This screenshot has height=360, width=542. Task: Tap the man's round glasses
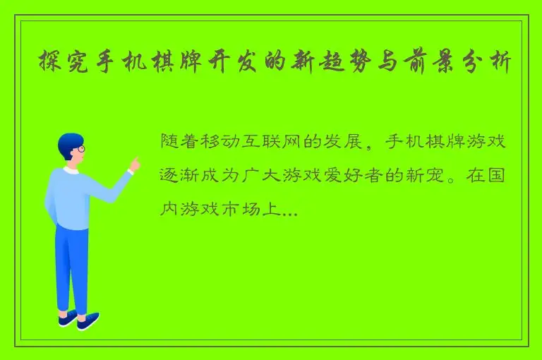click(80, 149)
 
